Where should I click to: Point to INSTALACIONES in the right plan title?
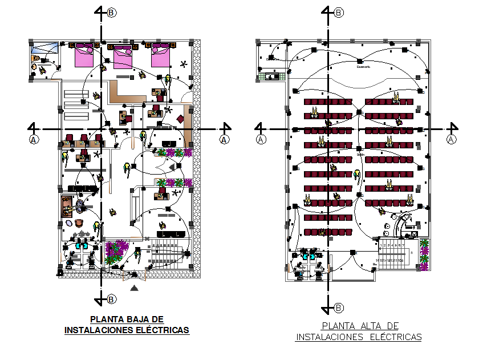(x=329, y=337)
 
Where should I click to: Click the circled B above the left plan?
(x=111, y=12)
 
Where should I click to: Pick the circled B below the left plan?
(x=112, y=299)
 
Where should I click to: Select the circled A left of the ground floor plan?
(x=34, y=139)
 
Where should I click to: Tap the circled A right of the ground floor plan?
(x=224, y=139)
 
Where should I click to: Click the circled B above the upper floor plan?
(x=338, y=12)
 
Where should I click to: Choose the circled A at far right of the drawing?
(x=451, y=139)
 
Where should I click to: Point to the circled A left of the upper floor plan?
(x=261, y=139)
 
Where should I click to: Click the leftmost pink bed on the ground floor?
(x=83, y=56)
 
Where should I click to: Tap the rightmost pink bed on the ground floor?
(x=160, y=56)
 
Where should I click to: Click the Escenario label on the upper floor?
(x=363, y=67)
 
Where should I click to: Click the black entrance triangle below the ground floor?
(x=134, y=289)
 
